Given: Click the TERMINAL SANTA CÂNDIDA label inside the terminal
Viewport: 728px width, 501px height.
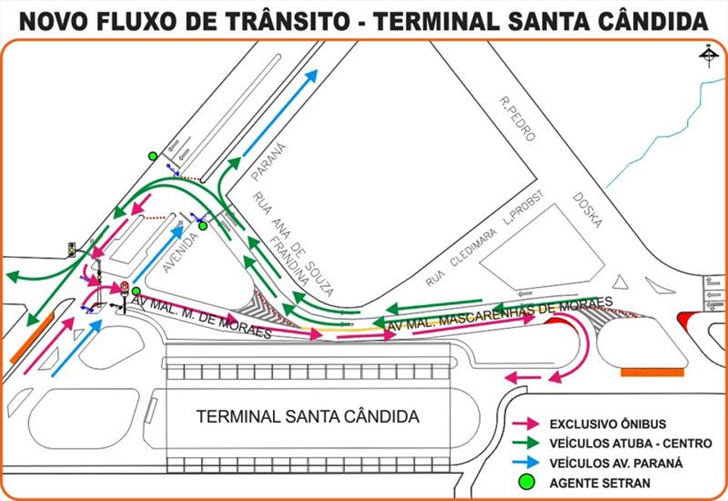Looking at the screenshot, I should point(307,417).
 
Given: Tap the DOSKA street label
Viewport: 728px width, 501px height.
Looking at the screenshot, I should point(588,210).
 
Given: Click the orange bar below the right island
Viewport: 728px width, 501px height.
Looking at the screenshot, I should point(651,372).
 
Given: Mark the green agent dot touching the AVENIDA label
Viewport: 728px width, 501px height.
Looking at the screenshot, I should point(202,225).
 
